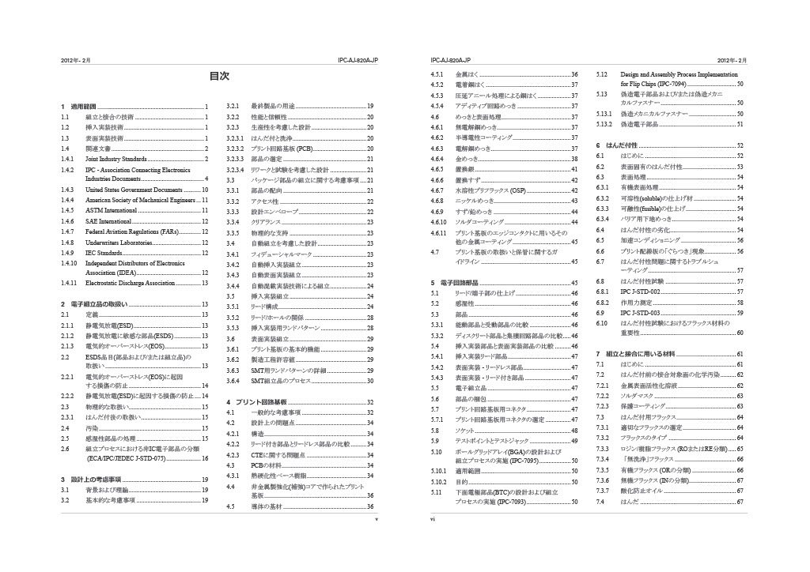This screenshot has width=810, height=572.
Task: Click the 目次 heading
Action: coord(219,77)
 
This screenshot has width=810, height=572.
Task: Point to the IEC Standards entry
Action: coord(104,253)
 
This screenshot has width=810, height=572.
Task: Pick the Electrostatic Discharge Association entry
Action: coord(131,282)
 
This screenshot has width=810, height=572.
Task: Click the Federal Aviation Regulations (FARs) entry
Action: coord(132,232)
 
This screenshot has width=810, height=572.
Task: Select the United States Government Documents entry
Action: coord(134,190)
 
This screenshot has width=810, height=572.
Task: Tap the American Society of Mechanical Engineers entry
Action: coord(139,201)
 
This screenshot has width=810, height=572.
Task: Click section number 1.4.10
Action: coord(69,262)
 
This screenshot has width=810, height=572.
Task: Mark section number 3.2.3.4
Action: coord(236,169)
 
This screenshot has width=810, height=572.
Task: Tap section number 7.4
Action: coord(600,501)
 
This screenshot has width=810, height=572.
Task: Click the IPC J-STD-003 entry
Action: coord(639,312)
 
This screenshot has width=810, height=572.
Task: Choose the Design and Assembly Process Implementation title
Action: coord(683,74)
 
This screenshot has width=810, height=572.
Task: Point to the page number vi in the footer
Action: coord(433,520)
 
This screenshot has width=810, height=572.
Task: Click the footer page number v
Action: coord(377,520)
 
